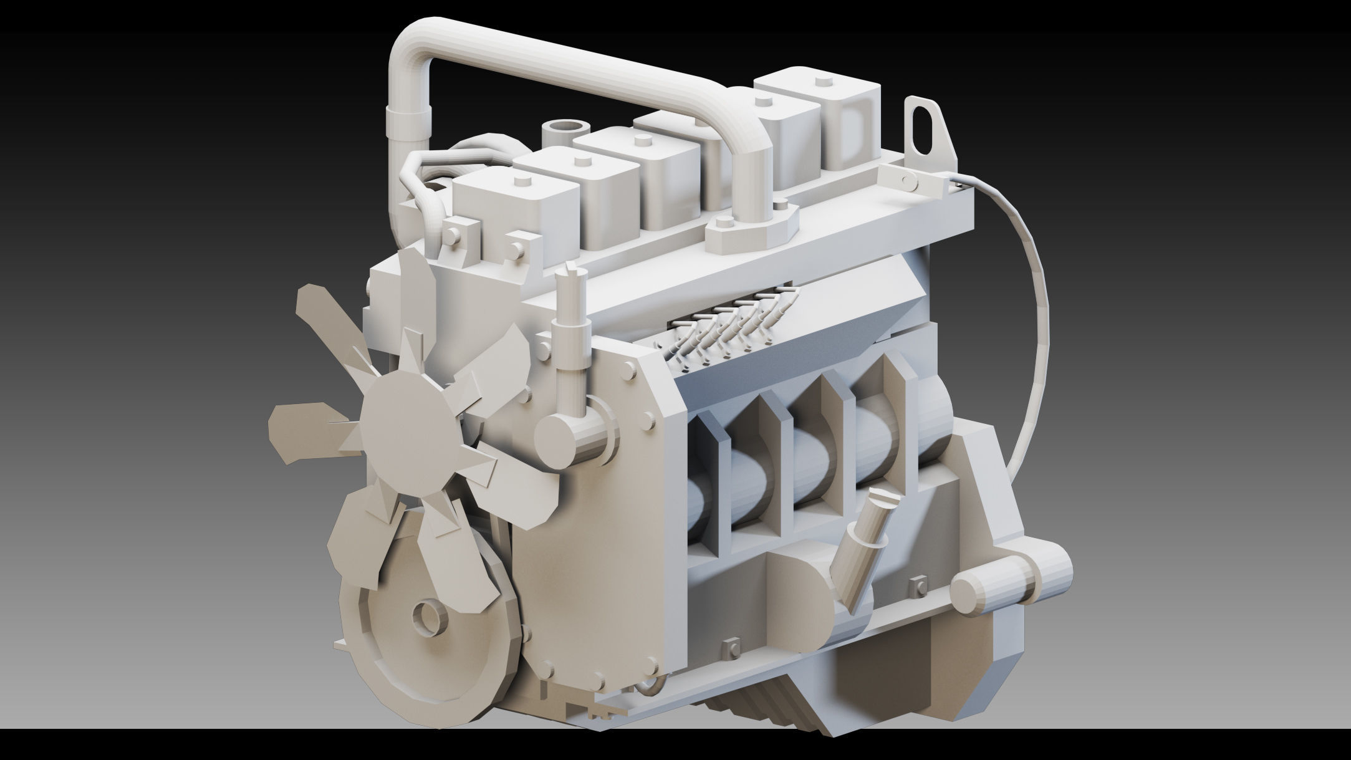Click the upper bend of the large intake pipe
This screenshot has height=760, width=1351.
(x=411, y=44)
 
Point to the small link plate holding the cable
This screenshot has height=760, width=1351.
(x=916, y=181)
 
